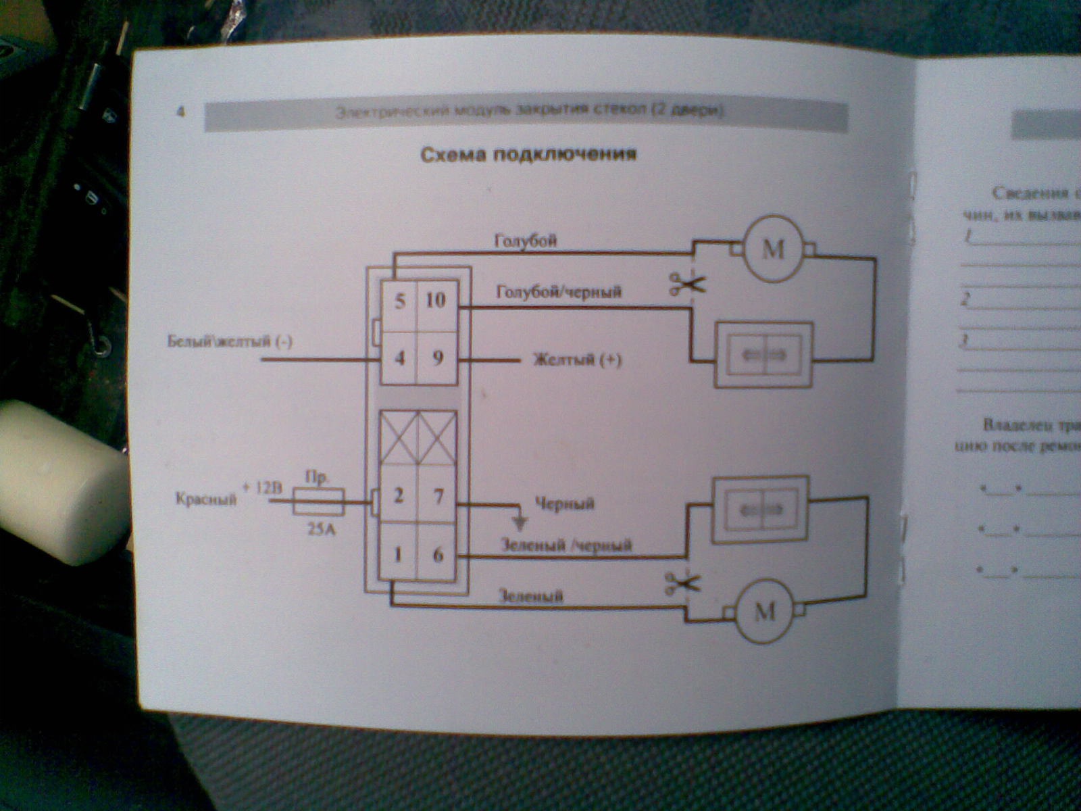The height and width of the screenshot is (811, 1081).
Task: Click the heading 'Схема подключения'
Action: pos(528,155)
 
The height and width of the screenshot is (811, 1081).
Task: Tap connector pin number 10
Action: pos(436,299)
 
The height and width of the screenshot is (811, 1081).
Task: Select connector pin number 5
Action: pos(400,300)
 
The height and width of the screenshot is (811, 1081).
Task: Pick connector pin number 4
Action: pos(400,358)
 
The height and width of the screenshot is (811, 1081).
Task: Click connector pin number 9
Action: pos(437,358)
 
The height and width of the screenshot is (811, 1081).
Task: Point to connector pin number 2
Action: pos(399,496)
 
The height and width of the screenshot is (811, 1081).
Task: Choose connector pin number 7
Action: pos(438,497)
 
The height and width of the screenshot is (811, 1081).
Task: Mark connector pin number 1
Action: pos(398,555)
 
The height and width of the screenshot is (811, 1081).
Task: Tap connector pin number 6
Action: pos(438,555)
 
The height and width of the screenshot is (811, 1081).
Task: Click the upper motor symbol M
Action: pos(773,250)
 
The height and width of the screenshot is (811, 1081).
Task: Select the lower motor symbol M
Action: pos(764,612)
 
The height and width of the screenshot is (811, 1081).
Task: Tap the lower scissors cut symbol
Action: pos(682,583)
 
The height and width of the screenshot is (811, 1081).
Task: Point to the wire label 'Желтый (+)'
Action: pos(578,360)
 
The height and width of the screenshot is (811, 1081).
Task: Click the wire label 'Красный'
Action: pos(206,500)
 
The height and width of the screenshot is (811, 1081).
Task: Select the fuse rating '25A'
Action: pos(321,530)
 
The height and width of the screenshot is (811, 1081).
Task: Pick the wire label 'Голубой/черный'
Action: pos(559,292)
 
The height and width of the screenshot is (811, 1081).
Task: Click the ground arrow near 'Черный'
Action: pos(520,522)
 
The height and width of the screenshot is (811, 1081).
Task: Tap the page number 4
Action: pos(180,112)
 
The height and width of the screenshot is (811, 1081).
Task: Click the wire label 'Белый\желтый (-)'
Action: pos(230,341)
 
